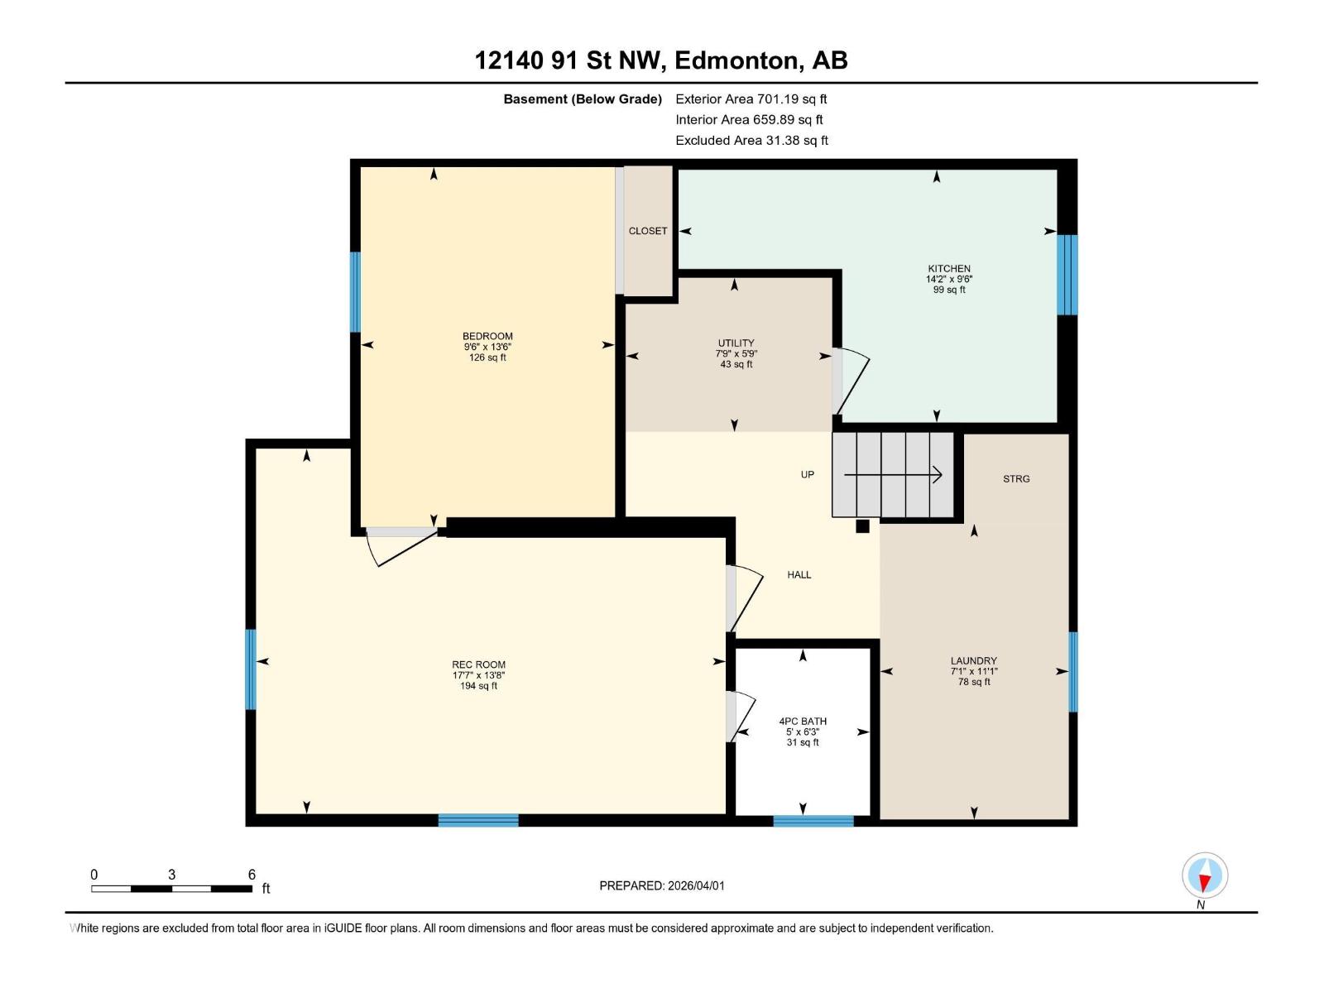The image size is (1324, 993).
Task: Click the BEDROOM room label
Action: (x=487, y=336)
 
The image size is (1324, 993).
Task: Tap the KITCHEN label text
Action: (x=949, y=268)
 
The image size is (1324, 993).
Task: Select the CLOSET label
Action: (x=648, y=231)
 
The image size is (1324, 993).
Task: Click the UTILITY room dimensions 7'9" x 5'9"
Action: (x=736, y=353)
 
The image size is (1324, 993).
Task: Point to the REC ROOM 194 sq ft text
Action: (x=479, y=686)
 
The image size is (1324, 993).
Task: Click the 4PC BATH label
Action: (x=803, y=721)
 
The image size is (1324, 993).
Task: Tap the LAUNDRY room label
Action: (x=973, y=661)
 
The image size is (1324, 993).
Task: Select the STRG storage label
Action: (x=1016, y=478)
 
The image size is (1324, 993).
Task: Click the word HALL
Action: (x=799, y=574)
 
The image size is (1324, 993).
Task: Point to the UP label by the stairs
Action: (x=808, y=474)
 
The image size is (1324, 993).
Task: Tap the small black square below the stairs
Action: (x=862, y=526)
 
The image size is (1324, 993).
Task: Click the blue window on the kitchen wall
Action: (x=1067, y=275)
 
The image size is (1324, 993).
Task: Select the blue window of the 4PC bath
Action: (x=813, y=821)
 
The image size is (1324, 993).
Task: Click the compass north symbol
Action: (x=1205, y=875)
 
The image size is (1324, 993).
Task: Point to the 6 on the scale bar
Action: (x=252, y=875)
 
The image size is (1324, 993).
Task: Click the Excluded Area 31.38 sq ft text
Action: (x=751, y=141)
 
